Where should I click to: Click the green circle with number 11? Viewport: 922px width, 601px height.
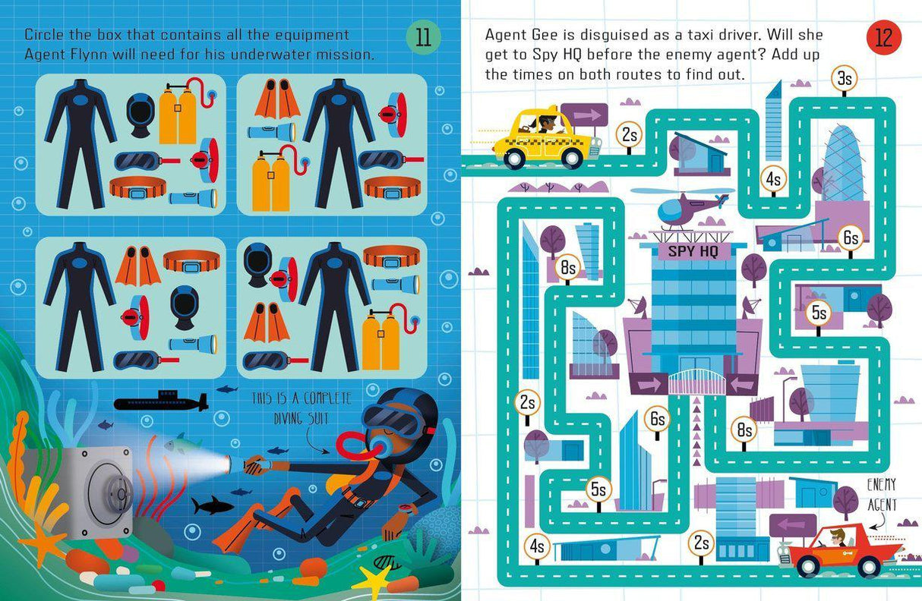(423, 38)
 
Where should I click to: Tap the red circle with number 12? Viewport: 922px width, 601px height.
(883, 38)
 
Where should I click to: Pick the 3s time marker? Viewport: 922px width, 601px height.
(844, 78)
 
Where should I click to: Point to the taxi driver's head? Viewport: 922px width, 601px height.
(546, 121)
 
